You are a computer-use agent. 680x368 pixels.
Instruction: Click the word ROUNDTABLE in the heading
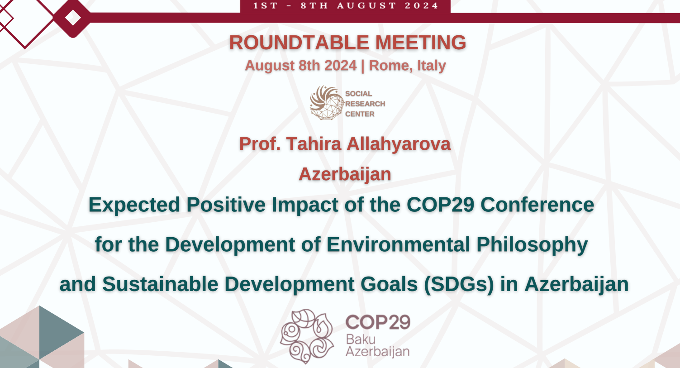299,43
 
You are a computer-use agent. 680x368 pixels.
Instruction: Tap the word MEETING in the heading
421,43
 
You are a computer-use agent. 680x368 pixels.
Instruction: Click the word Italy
431,66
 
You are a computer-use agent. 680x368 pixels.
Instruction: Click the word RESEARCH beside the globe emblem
365,104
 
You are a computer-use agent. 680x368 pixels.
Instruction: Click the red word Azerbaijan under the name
345,174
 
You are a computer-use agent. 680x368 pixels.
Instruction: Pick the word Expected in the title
134,205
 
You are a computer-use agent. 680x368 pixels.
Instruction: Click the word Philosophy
532,245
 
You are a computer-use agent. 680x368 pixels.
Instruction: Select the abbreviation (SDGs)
459,285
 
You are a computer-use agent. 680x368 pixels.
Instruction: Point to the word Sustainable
160,284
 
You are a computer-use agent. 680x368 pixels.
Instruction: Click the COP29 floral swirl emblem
307,336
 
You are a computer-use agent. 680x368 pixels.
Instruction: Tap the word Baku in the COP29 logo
361,339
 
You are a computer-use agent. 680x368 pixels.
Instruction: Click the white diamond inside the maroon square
73,18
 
